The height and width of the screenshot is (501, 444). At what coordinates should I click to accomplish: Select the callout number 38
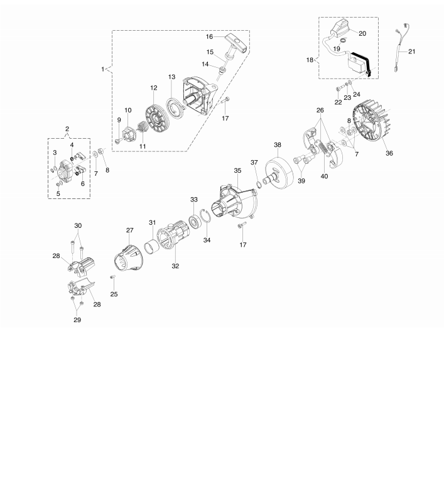278,145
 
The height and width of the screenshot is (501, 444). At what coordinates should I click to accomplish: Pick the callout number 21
412,51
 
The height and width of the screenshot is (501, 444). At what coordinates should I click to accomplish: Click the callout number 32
175,266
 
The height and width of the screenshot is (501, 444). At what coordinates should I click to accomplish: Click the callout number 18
309,60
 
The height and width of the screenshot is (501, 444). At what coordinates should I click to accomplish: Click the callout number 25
114,293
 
